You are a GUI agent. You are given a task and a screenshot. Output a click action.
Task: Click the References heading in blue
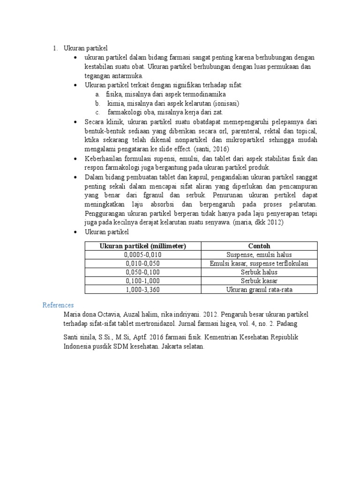[x=58, y=305]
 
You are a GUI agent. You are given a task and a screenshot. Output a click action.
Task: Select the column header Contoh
[x=259, y=246]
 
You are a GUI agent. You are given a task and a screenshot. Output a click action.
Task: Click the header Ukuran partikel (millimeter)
[x=142, y=246]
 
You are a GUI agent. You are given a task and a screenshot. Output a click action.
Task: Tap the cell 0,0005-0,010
[x=142, y=255]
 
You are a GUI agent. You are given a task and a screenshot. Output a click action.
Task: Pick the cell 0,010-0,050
[x=142, y=263]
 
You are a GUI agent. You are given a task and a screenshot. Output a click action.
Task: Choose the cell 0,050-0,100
[x=142, y=272]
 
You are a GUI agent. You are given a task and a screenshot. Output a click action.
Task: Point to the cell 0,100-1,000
[x=142, y=281]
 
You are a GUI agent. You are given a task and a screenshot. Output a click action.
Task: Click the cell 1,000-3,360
[x=142, y=290]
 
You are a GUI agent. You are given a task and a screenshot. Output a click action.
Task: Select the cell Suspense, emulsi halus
[x=259, y=255]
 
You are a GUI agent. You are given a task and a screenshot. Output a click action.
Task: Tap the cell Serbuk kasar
[x=259, y=281]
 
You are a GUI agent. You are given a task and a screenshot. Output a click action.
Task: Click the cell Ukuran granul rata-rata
[x=259, y=290]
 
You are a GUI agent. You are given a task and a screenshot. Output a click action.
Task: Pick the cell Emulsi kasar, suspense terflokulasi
[x=259, y=263]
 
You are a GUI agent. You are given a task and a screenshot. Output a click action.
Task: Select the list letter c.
[x=97, y=112]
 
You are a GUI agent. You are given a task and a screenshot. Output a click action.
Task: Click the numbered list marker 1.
[x=55, y=48]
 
